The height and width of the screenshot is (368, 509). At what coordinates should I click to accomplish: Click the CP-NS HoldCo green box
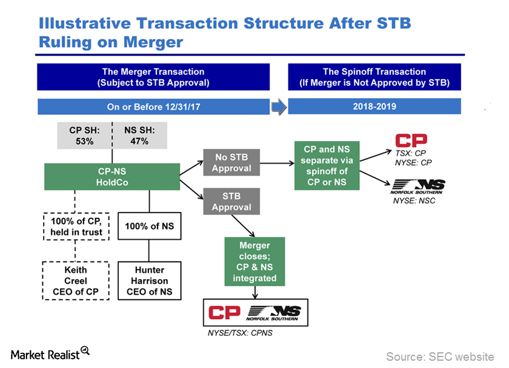[x=112, y=177]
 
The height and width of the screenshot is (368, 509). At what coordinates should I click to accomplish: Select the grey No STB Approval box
[x=231, y=162]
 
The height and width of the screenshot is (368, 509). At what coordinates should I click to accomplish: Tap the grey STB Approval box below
[x=231, y=202]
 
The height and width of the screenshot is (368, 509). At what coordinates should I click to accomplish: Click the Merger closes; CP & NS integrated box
[x=255, y=261]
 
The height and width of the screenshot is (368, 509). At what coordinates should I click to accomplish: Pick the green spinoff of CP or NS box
[x=327, y=165]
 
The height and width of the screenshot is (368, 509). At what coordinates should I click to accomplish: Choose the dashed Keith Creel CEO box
[x=76, y=281]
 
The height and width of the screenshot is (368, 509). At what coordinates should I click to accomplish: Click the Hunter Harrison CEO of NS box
[x=149, y=281]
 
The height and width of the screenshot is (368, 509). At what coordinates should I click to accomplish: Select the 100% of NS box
[x=149, y=226]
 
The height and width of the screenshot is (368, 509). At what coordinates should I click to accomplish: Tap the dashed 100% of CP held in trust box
[x=76, y=226]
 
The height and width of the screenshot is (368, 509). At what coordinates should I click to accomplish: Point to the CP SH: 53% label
[x=84, y=136]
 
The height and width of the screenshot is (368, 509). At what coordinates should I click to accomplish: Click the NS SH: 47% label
[x=139, y=136]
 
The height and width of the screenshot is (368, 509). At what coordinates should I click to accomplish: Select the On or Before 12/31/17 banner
[x=153, y=107]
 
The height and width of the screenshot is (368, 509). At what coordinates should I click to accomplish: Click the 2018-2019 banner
[x=374, y=107]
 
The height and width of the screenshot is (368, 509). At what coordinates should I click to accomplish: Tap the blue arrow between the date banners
[x=279, y=107]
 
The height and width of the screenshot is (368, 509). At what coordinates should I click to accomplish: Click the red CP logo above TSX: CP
[x=411, y=140]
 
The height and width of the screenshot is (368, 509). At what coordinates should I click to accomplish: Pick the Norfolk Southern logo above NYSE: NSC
[x=418, y=187]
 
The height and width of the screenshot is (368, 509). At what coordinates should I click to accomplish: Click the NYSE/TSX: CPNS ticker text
[x=240, y=333]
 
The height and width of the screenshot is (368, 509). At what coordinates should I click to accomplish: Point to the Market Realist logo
[x=50, y=353]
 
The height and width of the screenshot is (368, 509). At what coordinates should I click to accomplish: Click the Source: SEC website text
[x=440, y=356]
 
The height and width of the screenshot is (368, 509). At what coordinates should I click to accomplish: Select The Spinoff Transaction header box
[x=374, y=77]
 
